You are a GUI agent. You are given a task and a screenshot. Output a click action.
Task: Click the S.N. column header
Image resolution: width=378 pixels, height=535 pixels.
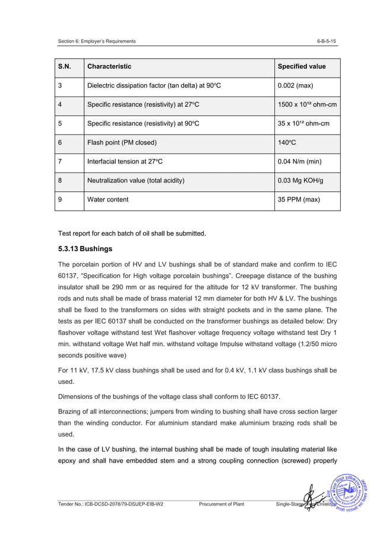pos(64,66)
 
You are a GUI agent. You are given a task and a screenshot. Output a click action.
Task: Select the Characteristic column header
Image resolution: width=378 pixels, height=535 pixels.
pos(109,66)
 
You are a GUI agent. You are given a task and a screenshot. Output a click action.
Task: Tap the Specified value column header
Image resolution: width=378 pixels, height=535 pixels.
pos(302,66)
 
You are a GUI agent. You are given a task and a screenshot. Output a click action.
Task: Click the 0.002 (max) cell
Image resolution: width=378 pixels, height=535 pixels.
pos(296,86)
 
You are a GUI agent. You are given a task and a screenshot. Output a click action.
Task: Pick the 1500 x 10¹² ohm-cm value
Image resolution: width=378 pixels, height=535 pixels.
pos(307,105)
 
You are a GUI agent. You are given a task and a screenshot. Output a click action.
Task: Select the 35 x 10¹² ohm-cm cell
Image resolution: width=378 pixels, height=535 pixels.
pos(303,124)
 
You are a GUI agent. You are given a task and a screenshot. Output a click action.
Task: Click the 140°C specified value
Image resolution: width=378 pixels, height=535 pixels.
pos(287,143)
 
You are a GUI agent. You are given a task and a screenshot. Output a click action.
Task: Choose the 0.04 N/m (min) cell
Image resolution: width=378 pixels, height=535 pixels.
pos(300,162)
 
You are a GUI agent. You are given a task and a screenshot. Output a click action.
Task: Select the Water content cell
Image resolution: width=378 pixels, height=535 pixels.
pos(107,200)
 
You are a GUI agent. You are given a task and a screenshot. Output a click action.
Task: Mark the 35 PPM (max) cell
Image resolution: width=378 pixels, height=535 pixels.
pos(299,200)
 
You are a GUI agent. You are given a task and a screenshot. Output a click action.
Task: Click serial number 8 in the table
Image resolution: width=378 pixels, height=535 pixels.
pos(60,181)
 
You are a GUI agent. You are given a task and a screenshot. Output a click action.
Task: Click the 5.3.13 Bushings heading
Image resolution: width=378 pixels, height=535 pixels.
pos(84,249)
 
